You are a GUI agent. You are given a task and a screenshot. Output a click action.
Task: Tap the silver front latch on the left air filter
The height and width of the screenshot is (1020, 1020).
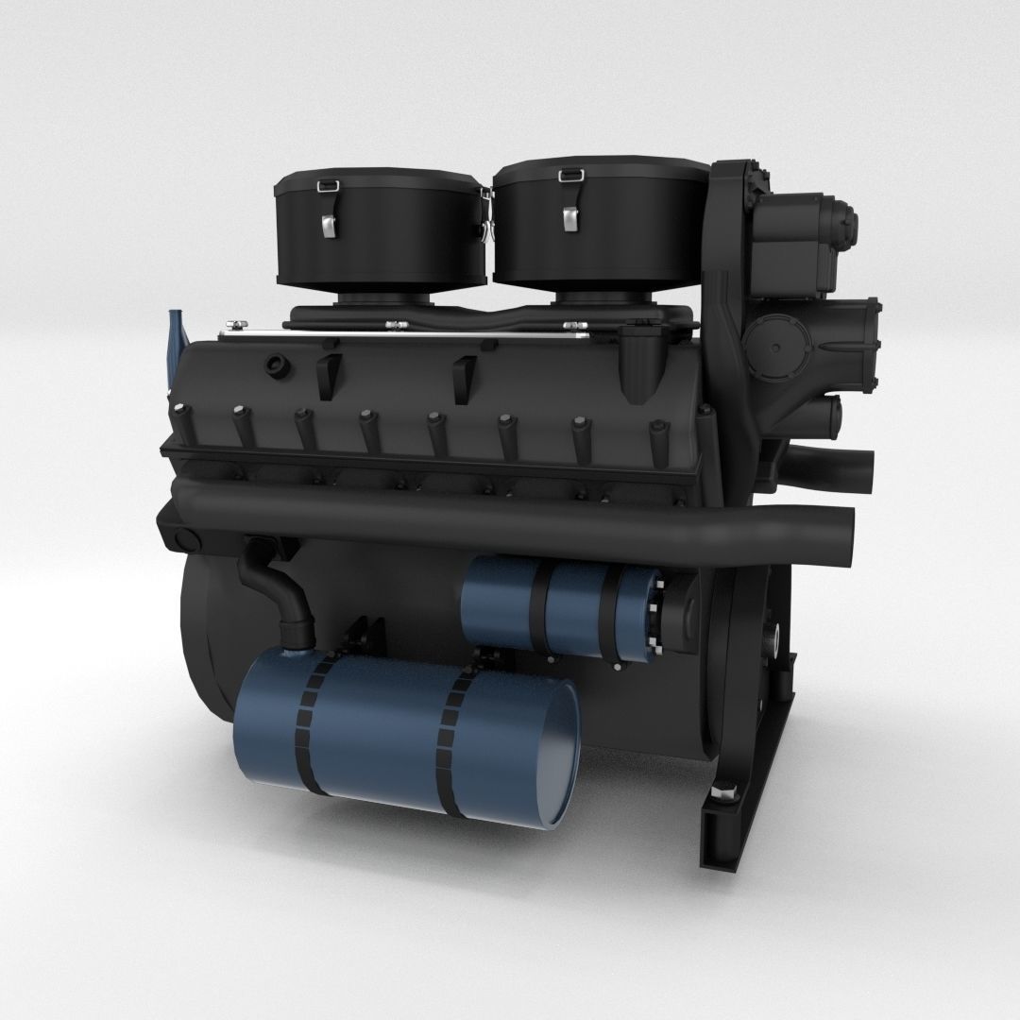click(x=328, y=225)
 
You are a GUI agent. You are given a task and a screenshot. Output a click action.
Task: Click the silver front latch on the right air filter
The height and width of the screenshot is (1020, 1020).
click(x=571, y=217)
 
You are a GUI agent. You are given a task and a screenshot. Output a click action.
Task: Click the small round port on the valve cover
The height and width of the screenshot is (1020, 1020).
click(x=277, y=365)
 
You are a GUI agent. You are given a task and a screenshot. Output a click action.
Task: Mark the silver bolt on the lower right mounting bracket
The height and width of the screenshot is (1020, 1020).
click(x=724, y=793)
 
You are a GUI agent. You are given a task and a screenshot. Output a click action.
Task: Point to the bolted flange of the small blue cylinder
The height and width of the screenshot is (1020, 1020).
click(x=652, y=618)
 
